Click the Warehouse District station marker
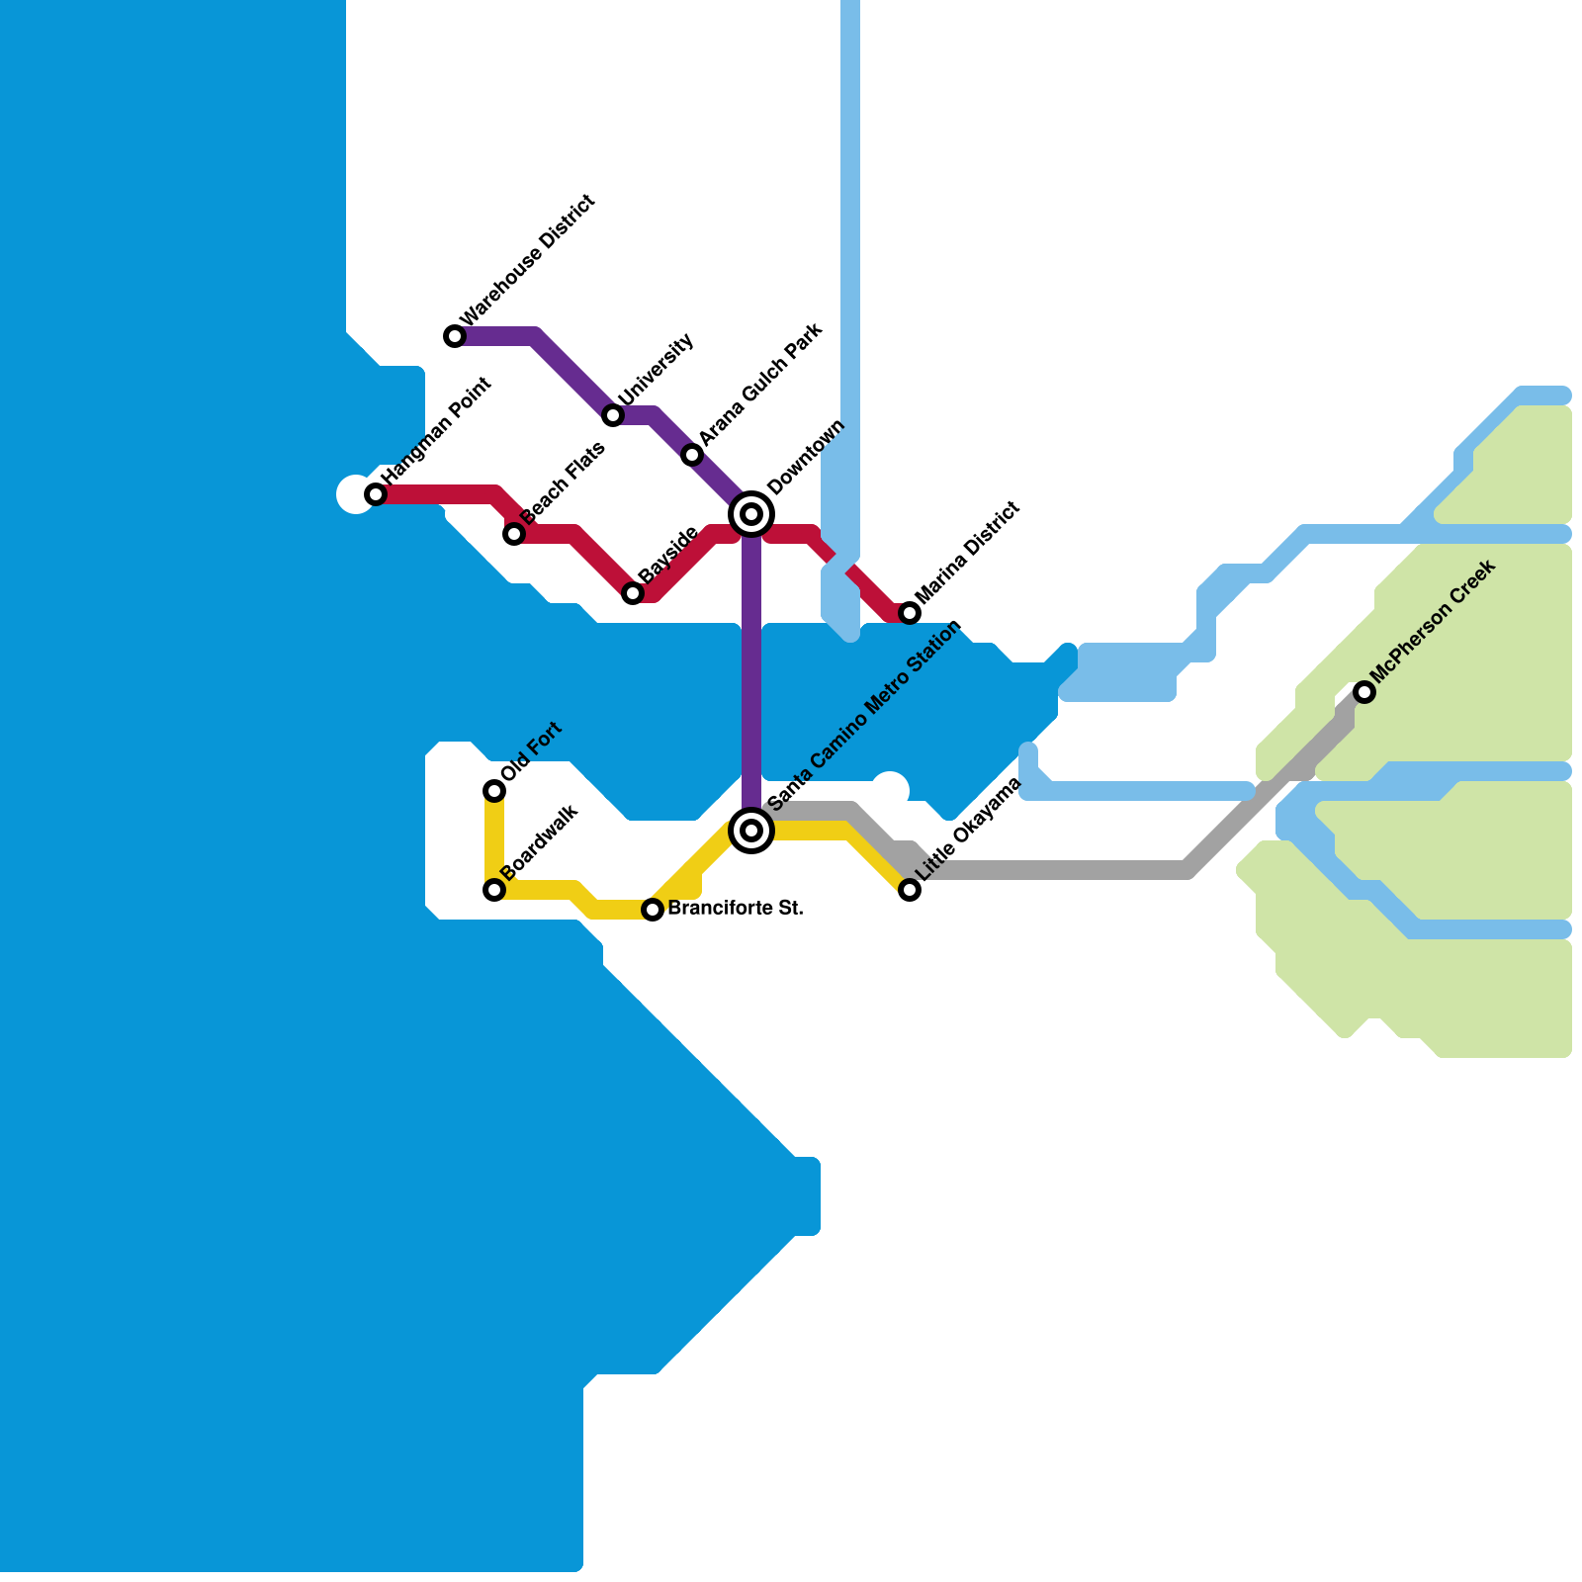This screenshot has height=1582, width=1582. [x=455, y=336]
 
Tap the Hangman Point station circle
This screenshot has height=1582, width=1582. [x=376, y=494]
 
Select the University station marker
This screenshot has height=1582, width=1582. [x=613, y=415]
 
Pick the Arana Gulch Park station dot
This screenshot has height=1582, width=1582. [x=692, y=455]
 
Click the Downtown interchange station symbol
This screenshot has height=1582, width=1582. [x=751, y=514]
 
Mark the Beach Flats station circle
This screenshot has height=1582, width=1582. [x=514, y=534]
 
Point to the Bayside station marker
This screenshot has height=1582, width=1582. [x=633, y=593]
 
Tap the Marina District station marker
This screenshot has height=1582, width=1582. [x=910, y=613]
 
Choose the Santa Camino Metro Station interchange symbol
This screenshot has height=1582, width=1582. [x=751, y=830]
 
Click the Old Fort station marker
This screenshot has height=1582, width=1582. [x=494, y=790]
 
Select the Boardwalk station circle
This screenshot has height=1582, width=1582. [x=494, y=890]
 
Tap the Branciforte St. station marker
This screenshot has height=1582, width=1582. [x=653, y=910]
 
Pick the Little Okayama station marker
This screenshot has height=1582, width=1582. [x=910, y=890]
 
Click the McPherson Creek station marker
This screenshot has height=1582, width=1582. [x=1364, y=692]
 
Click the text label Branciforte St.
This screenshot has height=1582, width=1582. [x=735, y=908]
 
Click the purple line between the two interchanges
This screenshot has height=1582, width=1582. [x=751, y=672]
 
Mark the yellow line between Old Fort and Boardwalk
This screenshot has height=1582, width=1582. [x=494, y=840]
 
